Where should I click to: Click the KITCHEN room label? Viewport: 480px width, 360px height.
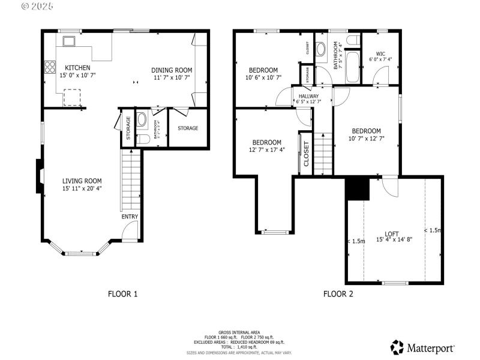coord(77,68)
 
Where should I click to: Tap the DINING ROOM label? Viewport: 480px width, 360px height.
coord(171,70)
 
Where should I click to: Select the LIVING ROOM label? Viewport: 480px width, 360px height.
coord(82,181)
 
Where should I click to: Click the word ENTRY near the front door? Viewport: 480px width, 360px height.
coord(130,217)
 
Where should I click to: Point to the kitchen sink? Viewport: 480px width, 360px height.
coord(68,41)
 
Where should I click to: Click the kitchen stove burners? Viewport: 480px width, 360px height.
coord(48,68)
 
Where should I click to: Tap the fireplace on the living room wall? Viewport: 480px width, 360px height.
coord(39,176)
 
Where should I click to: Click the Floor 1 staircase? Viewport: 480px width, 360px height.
coord(130,180)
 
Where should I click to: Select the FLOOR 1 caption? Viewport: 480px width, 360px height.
coord(122,294)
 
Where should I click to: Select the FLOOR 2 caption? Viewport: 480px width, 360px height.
coord(338,294)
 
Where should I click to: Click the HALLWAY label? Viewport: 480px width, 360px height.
coord(308,96)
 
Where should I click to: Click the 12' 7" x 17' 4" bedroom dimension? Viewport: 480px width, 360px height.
coord(268,150)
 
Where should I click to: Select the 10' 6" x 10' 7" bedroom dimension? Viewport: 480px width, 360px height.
coord(263,77)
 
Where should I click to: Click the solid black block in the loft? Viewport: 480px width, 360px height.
coord(358,189)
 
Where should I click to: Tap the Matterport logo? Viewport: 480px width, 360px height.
coord(422,347)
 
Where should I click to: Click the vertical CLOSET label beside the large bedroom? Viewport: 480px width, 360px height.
coord(306,154)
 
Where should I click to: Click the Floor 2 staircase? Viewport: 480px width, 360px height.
coord(324,146)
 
